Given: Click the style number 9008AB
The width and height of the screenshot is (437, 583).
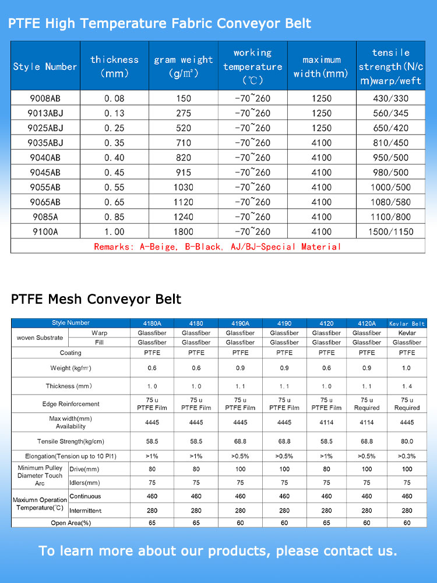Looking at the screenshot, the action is pos(45,99).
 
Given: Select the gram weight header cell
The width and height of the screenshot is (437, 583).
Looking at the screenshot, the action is pos(184,66).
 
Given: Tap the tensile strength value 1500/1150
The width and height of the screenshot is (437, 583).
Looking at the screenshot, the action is pos(391,231).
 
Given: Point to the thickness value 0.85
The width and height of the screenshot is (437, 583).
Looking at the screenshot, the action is pos(114,217).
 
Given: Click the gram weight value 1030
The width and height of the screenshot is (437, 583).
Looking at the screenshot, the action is pos(184,187).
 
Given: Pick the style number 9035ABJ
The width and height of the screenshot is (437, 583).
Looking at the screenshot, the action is pos(45,143).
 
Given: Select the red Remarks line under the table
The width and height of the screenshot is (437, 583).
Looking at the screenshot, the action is pos(217,247).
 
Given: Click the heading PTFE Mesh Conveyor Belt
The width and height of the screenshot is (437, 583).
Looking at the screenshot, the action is pos(96,300).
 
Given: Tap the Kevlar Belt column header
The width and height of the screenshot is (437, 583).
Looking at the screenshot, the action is pos(407,323).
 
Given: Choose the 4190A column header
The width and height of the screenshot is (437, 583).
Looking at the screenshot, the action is pos(240,323).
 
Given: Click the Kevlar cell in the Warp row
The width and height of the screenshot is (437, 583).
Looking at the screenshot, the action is pos(407,333).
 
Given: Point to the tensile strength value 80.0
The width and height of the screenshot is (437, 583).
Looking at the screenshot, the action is pos(407,442).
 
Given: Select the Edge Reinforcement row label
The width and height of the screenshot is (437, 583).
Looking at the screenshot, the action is pos(71,404).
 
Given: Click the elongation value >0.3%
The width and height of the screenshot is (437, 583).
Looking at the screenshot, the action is pos(407,456).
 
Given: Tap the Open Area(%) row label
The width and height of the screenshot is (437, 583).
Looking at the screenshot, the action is pos(71,523).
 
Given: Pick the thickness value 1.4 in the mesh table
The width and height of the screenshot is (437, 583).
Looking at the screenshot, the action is pos(407,386).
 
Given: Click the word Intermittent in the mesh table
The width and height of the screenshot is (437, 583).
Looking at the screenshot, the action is pos(86,511).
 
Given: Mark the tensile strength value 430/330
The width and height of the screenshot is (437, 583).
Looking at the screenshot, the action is pos(391,99).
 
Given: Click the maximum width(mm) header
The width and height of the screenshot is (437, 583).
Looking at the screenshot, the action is pos(321,66).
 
